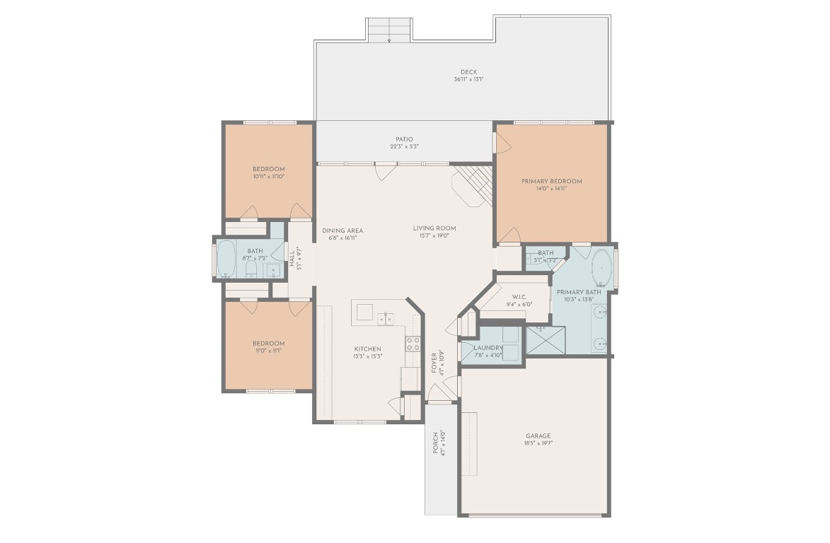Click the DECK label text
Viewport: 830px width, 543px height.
tap(468, 71)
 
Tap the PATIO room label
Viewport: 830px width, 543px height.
tap(404, 139)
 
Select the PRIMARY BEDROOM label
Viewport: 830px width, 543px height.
tap(551, 181)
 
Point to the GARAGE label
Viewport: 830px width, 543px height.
tap(538, 436)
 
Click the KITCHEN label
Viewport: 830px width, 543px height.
tap(368, 349)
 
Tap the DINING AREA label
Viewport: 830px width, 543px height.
tap(342, 230)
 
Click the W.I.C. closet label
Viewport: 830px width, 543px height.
tap(519, 297)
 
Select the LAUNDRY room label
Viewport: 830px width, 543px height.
tap(488, 348)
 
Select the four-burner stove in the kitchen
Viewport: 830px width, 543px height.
tap(413, 344)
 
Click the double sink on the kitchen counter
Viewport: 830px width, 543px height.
tap(386, 319)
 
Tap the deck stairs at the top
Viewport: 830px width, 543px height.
tap(389, 30)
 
